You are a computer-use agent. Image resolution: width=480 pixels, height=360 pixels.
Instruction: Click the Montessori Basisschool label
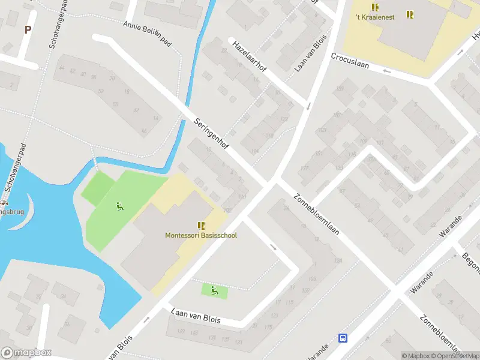coord(201,235)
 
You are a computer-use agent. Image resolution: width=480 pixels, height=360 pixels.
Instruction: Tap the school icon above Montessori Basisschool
coord(201,226)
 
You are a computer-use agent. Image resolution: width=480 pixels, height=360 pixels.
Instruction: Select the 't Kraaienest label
coord(375,17)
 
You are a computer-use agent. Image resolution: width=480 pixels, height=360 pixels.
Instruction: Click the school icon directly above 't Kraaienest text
coord(375,7)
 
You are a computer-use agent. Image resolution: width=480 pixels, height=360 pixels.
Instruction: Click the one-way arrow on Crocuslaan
coord(386,71)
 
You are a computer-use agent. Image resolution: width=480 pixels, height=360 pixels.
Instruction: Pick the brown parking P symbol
coord(28,29)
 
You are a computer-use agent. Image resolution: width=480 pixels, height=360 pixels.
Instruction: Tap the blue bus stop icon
coord(343,338)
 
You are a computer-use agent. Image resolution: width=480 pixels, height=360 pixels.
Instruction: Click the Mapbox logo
coord(26,352)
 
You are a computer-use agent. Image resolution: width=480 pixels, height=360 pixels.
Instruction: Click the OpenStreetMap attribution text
coord(454,356)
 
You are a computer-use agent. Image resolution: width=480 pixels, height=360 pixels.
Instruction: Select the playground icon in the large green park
coord(119,207)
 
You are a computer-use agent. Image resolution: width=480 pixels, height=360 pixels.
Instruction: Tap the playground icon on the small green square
coord(214,291)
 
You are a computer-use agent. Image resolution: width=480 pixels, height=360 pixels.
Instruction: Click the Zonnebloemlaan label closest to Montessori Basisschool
coord(317,215)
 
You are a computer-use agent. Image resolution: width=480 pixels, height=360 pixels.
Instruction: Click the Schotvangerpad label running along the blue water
coord(16,168)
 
